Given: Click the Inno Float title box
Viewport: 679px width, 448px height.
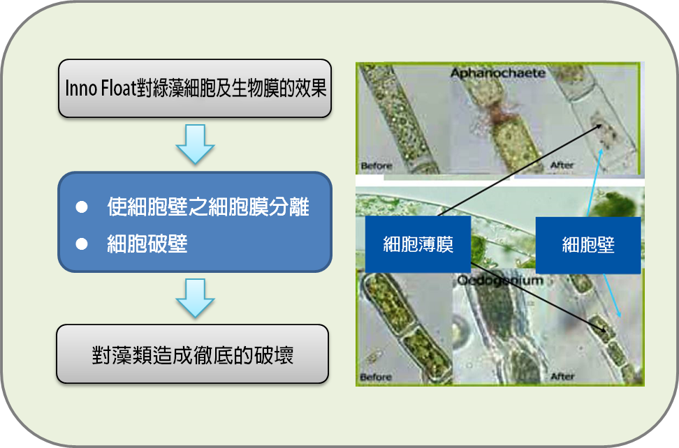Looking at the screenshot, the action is pos(195,88).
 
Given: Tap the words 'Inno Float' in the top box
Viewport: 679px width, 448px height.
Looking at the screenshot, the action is pos(101,88).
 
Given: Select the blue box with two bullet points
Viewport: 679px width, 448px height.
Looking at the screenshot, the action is pos(195,222).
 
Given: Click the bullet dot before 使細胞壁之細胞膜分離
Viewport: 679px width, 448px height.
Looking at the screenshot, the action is pos(82,207).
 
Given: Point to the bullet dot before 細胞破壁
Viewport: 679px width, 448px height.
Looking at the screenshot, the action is pos(82,244).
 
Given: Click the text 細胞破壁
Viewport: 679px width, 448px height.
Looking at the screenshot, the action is pos(147,244).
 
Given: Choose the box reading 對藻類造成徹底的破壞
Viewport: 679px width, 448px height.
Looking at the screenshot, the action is pos(193,354).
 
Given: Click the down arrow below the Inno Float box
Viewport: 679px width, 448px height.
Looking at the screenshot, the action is pos(195,144).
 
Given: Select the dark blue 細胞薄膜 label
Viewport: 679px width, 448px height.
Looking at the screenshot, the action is pos(418,244).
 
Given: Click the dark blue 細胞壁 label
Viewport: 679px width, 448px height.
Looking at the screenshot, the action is pos(588,245).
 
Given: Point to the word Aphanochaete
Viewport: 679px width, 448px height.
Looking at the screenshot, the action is pos(497,73).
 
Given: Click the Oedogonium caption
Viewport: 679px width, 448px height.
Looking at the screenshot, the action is pos(500,281).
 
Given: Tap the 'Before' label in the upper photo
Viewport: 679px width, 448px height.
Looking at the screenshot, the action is pos(377,165).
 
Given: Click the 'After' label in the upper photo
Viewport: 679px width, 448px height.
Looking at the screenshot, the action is pos(562,165).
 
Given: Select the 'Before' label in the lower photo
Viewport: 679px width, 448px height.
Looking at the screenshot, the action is pos(375,377).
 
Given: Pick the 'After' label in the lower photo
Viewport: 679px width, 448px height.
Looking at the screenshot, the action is pos(562,377).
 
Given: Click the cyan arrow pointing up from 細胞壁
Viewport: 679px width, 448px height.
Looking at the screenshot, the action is pos(594,183).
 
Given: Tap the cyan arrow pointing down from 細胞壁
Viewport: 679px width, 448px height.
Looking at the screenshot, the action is pos(613,295).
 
